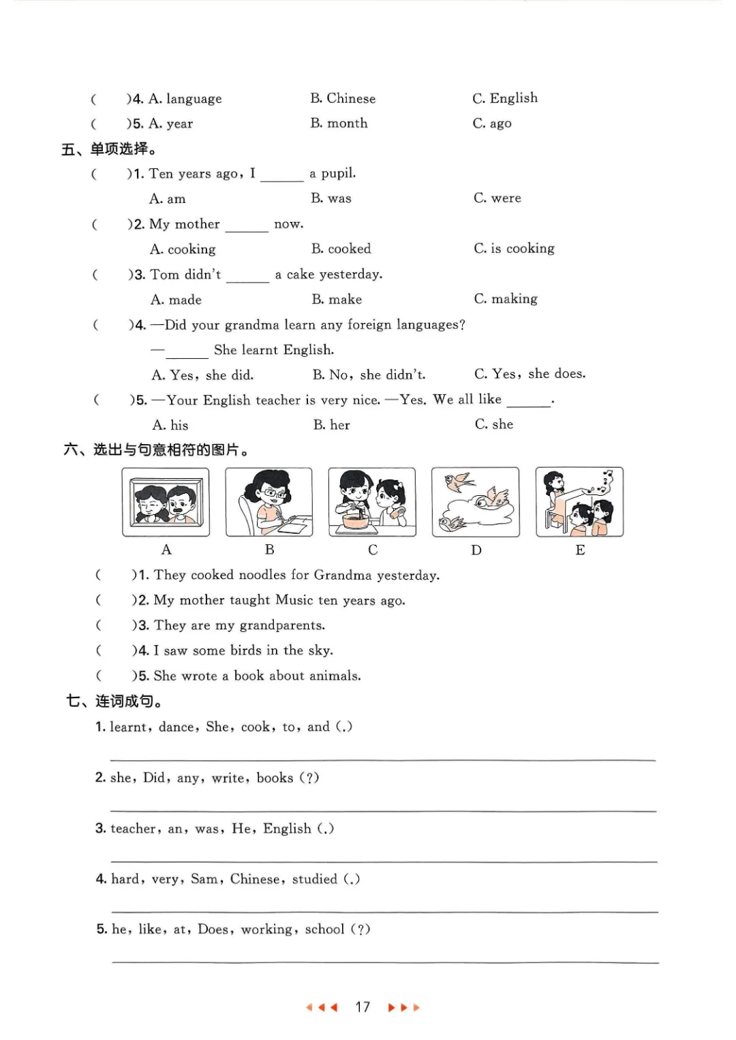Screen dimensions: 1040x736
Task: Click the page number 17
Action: click(363, 1007)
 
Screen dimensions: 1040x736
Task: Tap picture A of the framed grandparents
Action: click(166, 502)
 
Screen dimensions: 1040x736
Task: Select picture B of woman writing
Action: click(269, 502)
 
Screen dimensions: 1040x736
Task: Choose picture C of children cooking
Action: click(372, 502)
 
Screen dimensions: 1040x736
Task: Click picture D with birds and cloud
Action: click(476, 502)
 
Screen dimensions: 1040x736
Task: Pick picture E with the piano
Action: click(579, 502)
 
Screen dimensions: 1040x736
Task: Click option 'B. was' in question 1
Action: click(331, 198)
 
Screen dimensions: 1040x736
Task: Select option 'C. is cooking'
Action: click(514, 249)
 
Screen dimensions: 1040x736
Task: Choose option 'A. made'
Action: click(176, 300)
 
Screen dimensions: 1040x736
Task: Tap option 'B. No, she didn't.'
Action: click(369, 375)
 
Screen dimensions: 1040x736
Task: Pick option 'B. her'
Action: click(332, 425)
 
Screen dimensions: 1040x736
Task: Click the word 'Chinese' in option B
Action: click(351, 99)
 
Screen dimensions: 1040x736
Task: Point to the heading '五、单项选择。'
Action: click(109, 149)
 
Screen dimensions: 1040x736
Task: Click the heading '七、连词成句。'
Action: click(114, 701)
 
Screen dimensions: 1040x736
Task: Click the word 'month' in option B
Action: click(348, 123)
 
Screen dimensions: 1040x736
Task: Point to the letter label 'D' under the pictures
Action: click(476, 550)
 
